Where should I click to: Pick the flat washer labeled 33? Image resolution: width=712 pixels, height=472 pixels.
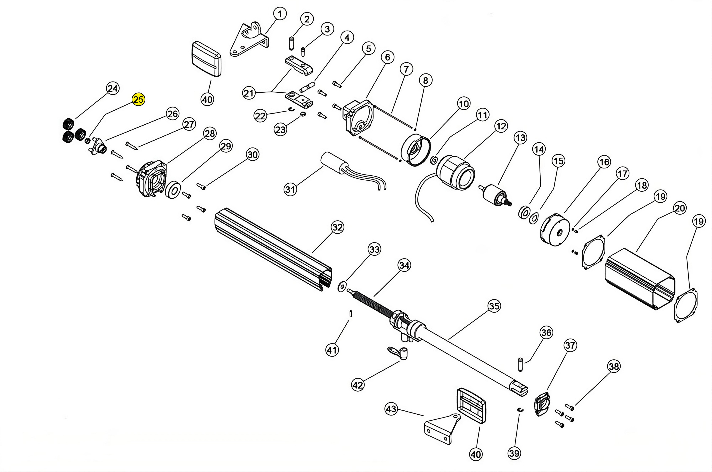point(342,287)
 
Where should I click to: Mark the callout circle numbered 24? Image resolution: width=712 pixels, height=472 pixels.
point(113,88)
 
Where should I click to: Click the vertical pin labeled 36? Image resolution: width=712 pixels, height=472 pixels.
point(520,364)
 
